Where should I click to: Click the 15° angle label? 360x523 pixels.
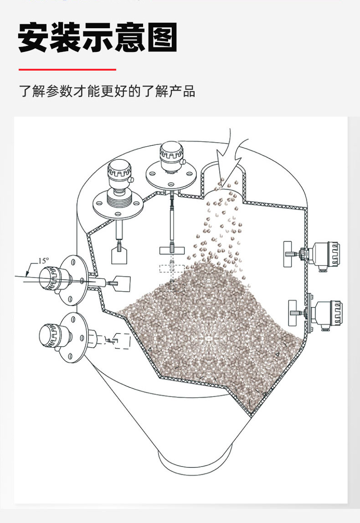click(x=43, y=261)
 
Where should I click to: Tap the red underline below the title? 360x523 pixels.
click(x=67, y=70)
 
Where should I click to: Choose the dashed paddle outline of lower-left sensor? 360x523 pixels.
click(x=122, y=341)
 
